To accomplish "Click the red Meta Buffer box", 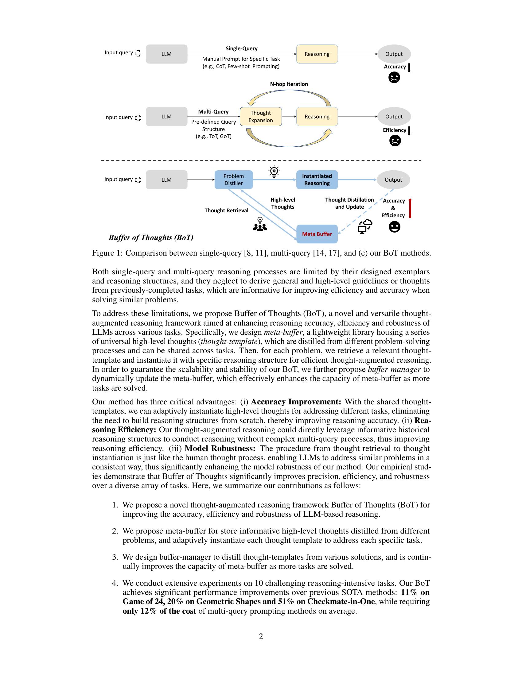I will coord(317,234).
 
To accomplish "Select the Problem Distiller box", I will coord(233,179).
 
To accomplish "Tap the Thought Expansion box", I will coord(261,117).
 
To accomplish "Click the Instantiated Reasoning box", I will coord(317,179).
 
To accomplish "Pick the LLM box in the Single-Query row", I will coord(166,54).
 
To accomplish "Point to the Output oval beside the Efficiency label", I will coord(394,117).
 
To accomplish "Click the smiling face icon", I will coord(394,227).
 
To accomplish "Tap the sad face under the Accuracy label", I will coord(394,77).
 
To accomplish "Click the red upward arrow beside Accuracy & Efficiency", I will coord(410,208).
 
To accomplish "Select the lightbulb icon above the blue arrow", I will coord(274,172).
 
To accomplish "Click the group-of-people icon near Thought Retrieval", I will coord(260,224).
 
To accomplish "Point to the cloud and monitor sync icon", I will coord(365,226).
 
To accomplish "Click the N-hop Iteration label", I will coord(289,84).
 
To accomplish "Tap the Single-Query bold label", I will coord(242,48).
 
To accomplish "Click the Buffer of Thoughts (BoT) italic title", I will coord(151,237).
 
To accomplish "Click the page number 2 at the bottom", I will coord(261,636).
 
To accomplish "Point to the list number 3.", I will coord(115,557).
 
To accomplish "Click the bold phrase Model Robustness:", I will coord(220,448).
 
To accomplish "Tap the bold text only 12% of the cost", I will coord(159,611).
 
